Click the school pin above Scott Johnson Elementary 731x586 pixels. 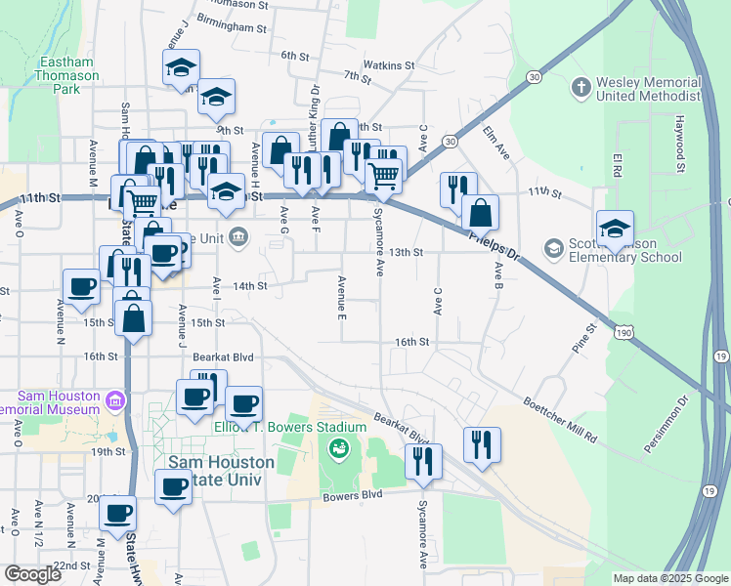(x=616, y=230)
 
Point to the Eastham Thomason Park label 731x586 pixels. (x=67, y=75)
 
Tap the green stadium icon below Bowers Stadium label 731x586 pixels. (x=338, y=449)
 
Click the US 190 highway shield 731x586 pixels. (x=623, y=334)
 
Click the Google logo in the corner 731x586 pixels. (x=32, y=574)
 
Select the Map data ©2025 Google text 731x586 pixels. (x=670, y=578)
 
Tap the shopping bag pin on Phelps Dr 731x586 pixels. (x=481, y=212)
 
